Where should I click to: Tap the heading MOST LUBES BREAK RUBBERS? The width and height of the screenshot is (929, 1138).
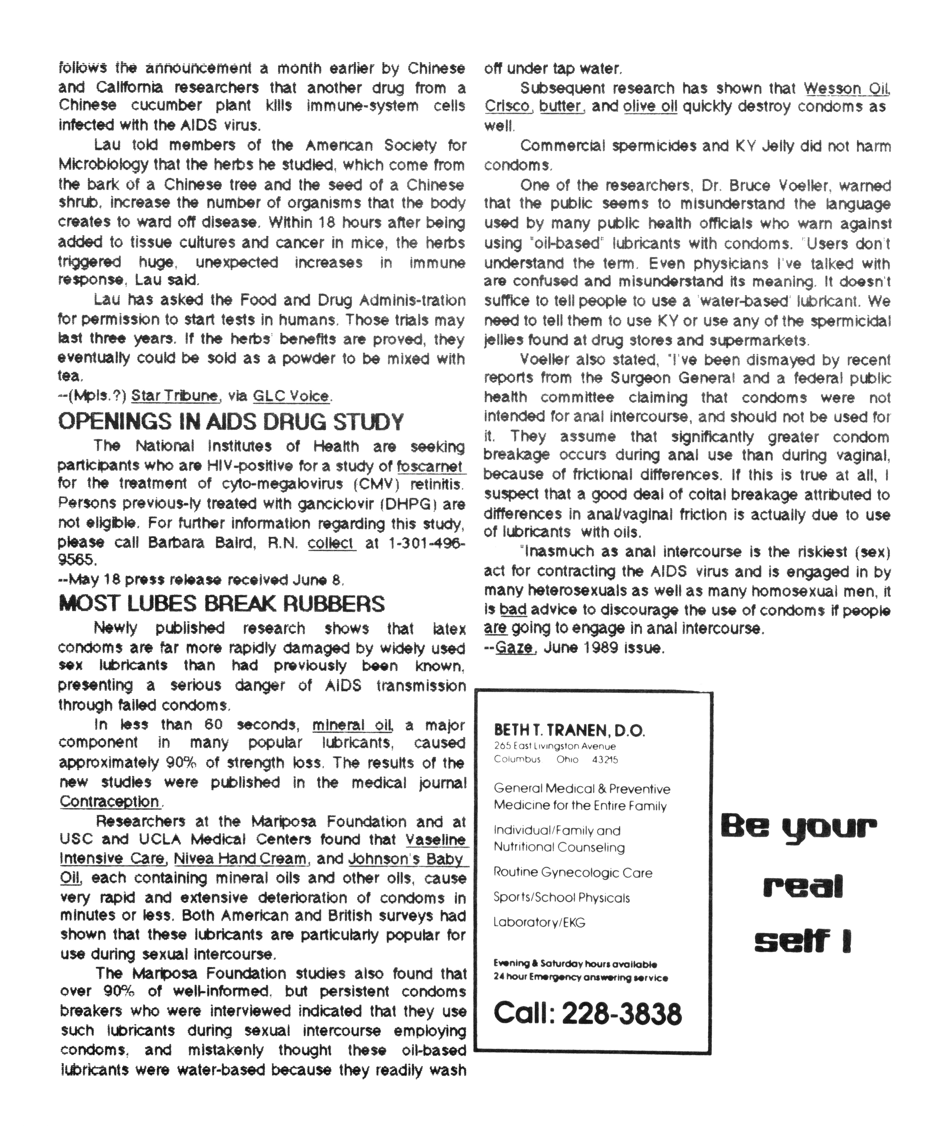(x=221, y=604)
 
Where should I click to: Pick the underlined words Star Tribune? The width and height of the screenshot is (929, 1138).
(x=174, y=396)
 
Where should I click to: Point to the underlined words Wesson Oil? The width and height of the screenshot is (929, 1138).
(x=846, y=88)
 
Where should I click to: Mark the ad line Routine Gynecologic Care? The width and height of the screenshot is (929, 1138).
(x=573, y=873)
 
